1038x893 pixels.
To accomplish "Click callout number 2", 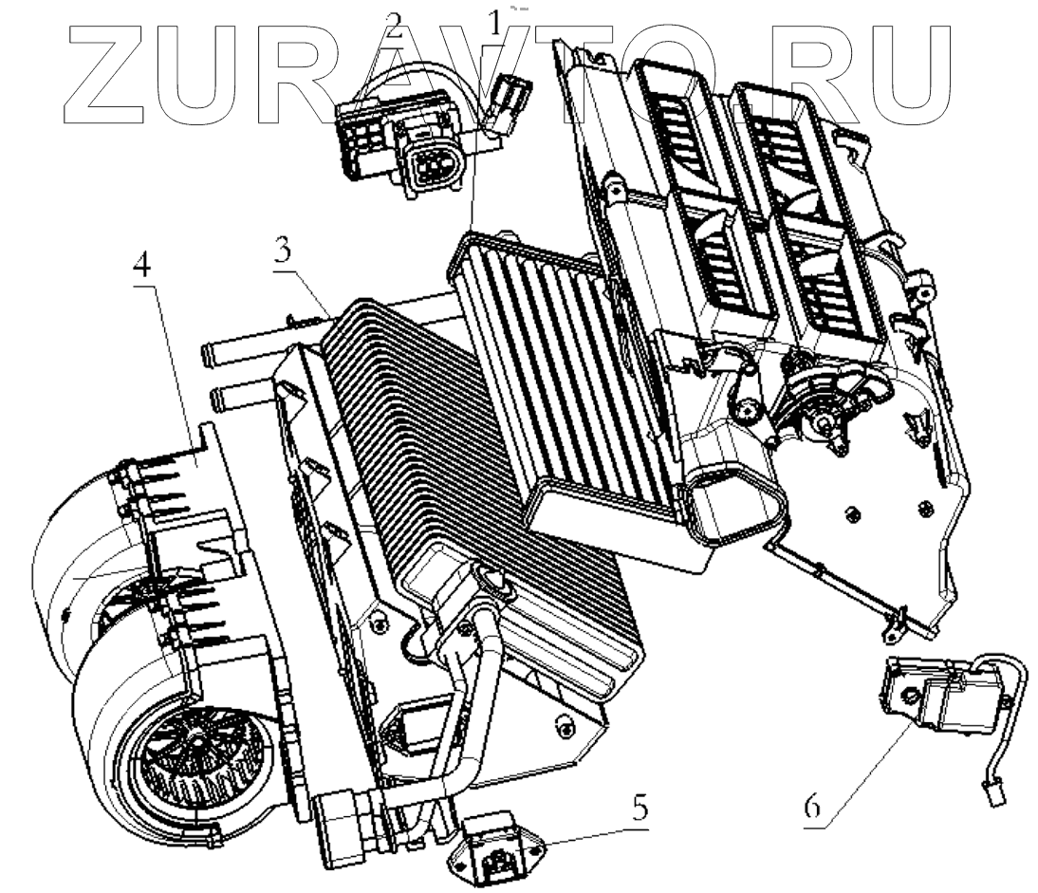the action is [394, 26].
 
